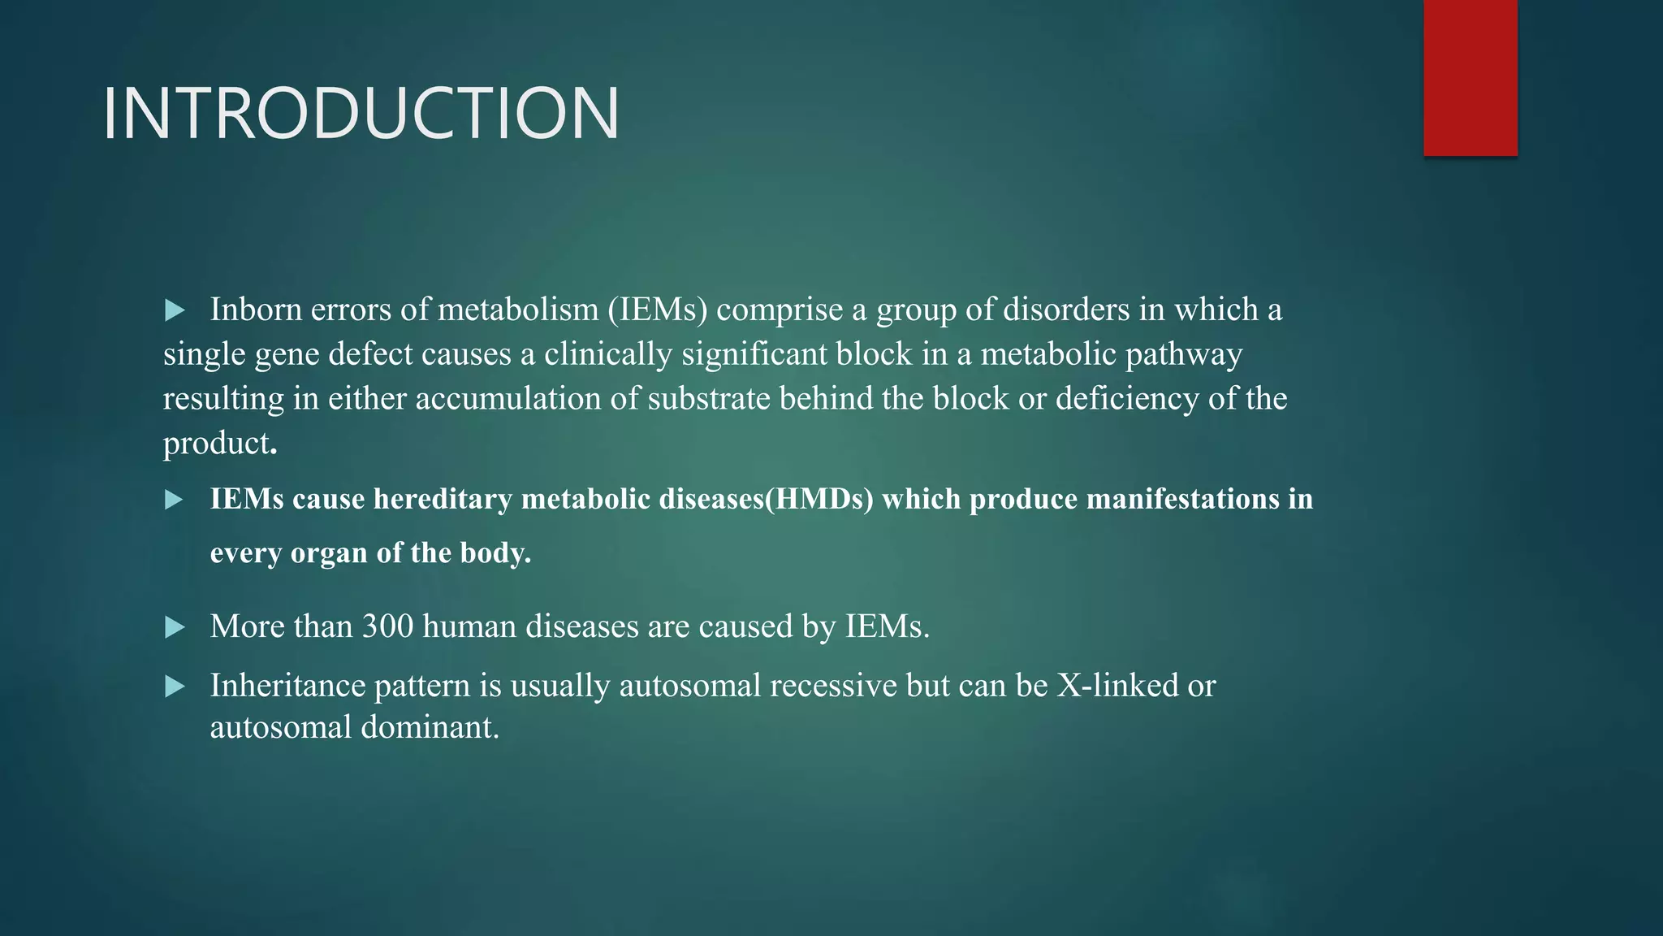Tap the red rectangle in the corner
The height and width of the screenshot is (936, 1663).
click(1470, 78)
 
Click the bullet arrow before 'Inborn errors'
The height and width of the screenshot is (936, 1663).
click(175, 310)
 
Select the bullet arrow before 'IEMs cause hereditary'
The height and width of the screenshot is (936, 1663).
click(175, 500)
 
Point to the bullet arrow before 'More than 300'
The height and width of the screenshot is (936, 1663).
click(175, 627)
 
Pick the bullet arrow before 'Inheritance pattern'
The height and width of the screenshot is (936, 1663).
click(175, 687)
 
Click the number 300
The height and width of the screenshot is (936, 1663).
click(387, 626)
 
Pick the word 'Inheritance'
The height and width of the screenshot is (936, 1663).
click(287, 686)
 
